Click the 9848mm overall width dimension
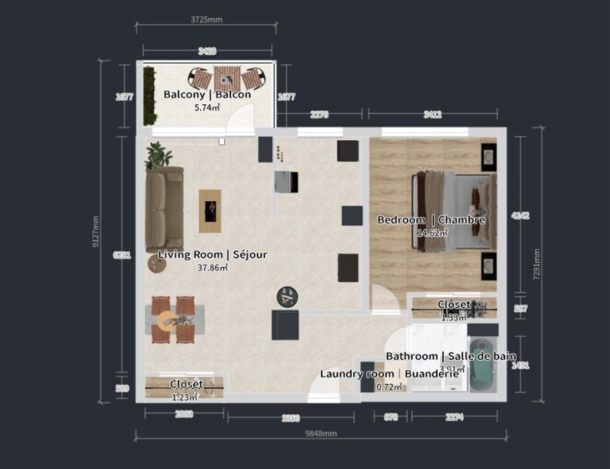321,433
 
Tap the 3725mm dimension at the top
206,20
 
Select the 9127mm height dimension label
95,231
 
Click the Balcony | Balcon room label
207,95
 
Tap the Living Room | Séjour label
212,255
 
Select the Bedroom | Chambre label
431,220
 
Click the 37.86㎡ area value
212,267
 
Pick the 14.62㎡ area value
432,233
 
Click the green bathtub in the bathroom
482,365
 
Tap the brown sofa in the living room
164,209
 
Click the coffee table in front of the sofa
210,211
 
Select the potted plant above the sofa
157,155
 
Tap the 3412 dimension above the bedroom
432,115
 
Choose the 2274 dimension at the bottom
454,418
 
